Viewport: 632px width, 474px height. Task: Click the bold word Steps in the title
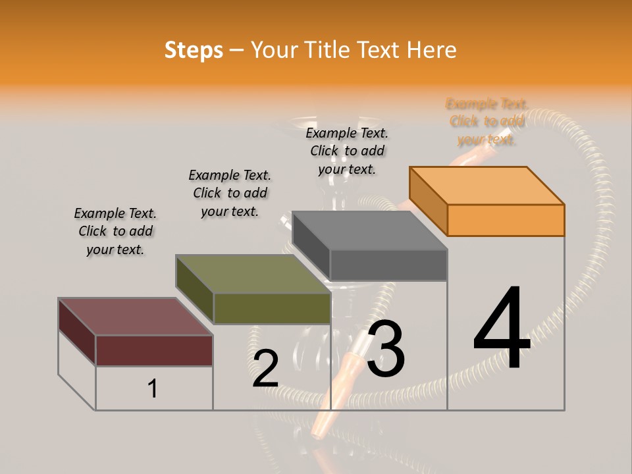coord(194,50)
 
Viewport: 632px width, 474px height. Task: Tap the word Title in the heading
coord(329,50)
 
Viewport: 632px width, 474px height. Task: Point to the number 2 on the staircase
coord(265,369)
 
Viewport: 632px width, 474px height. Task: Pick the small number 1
coord(153,389)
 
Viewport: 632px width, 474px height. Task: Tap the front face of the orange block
coord(506,220)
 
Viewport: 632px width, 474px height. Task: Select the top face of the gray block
coord(369,230)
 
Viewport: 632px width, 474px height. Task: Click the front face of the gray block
coord(388,265)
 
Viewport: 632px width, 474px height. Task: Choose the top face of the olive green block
coord(253,274)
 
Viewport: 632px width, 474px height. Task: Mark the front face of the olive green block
coord(272,308)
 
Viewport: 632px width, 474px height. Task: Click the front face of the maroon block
coord(154,350)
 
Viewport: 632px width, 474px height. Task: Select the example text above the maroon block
coord(115,231)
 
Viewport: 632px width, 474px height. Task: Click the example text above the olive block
coord(230,193)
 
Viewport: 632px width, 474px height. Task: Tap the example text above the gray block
coord(347,151)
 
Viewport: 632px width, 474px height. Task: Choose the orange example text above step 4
coord(487,121)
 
